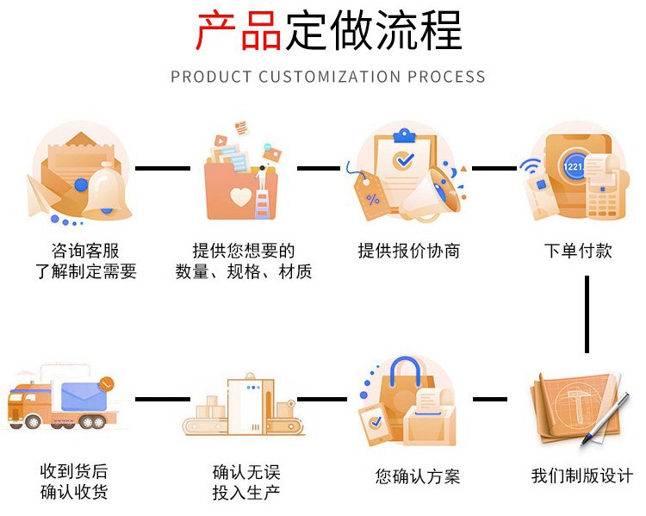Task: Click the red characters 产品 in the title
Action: click(239, 32)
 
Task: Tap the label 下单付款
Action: click(578, 251)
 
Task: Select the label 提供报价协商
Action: click(409, 251)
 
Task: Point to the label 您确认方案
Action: click(418, 476)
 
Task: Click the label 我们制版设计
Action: click(582, 476)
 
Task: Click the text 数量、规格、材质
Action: click(244, 272)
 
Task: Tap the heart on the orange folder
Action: click(240, 197)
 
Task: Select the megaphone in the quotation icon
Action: click(432, 194)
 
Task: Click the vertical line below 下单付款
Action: click(587, 314)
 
